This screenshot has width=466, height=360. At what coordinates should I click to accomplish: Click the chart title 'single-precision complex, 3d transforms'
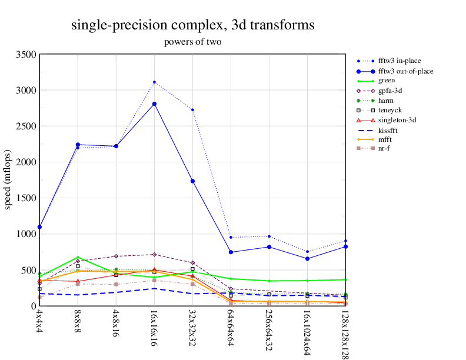(192, 25)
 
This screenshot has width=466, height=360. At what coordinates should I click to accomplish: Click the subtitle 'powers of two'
(192, 42)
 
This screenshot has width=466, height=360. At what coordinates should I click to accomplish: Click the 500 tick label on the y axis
(29, 270)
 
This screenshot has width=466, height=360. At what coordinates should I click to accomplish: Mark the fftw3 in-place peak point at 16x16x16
(154, 82)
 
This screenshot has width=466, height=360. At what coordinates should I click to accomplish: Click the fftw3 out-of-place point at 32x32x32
(192, 181)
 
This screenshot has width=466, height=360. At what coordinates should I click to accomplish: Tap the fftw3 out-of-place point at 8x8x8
(78, 145)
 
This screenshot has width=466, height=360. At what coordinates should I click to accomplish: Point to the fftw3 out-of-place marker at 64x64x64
(231, 252)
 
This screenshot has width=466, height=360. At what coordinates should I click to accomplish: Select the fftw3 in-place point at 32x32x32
(192, 110)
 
